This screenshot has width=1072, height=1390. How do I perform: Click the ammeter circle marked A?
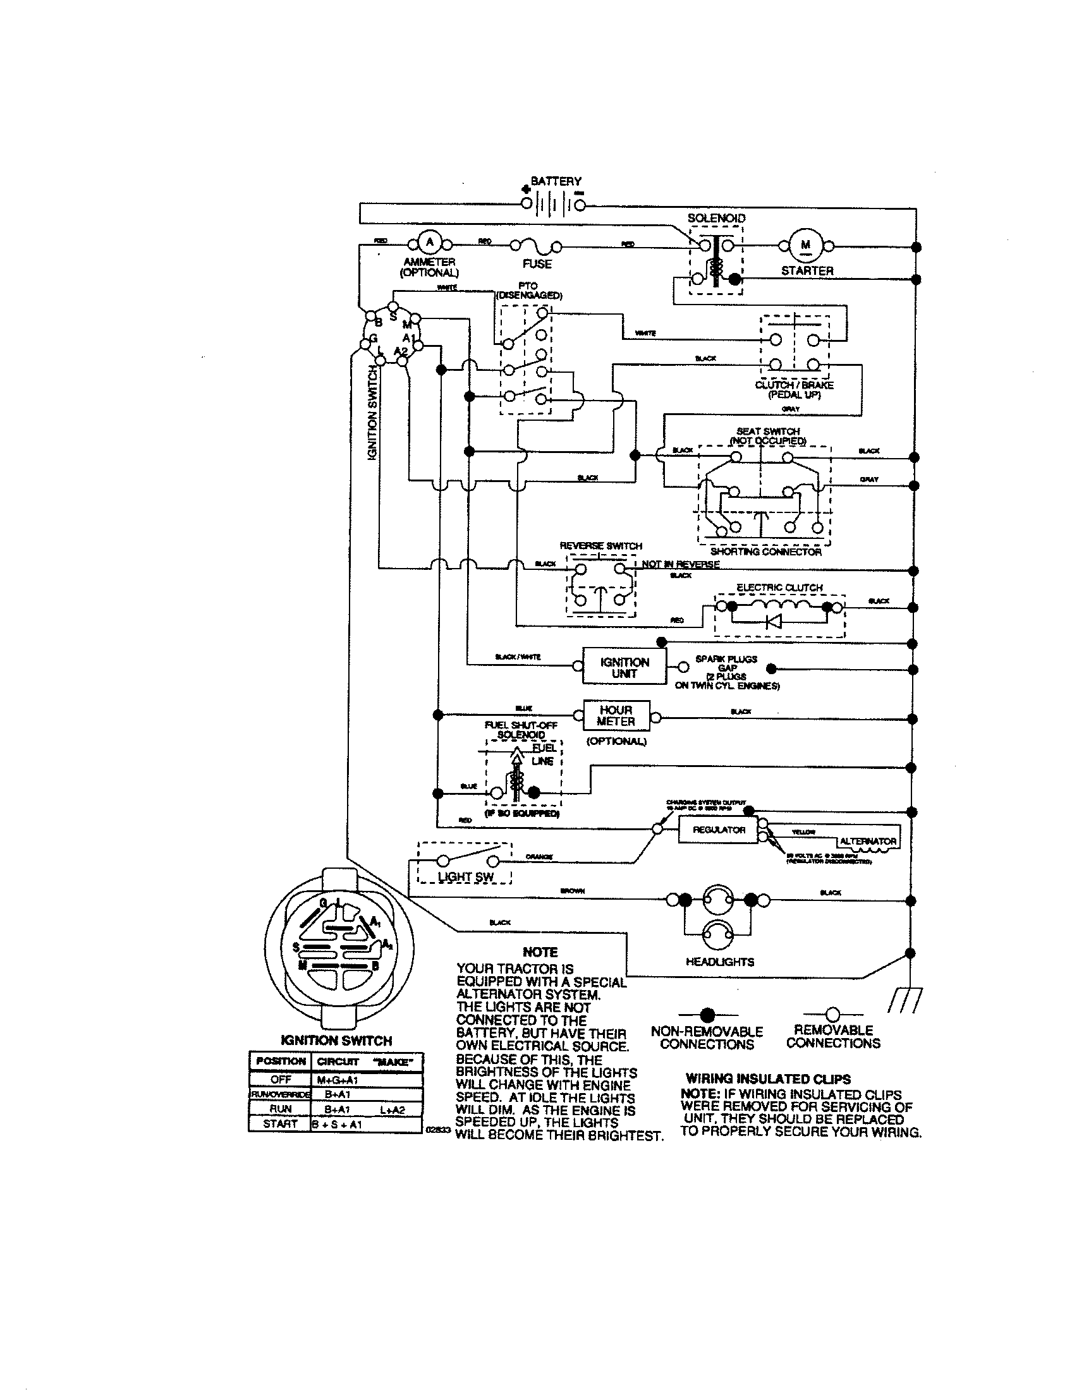[430, 242]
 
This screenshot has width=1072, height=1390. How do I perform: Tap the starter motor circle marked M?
[806, 246]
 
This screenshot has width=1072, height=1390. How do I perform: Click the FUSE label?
[537, 263]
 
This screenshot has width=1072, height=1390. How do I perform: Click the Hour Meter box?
[616, 716]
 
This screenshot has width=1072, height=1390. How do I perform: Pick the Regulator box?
[719, 830]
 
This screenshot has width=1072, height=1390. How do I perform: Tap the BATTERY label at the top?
[556, 181]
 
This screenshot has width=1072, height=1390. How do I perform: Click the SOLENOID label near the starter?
[716, 218]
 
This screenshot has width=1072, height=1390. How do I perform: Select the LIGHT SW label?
[465, 877]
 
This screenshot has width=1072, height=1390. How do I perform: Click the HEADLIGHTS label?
[719, 962]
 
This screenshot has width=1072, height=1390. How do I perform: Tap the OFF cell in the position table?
[280, 1079]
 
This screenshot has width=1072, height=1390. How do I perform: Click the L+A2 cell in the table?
[391, 1109]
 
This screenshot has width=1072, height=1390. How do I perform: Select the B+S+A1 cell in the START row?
[337, 1124]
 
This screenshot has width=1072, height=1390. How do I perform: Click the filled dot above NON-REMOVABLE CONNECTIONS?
[707, 1015]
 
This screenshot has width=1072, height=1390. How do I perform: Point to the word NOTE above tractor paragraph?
[540, 952]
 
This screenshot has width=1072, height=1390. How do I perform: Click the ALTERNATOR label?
[868, 842]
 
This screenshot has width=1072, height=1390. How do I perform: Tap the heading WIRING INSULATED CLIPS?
[768, 1079]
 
